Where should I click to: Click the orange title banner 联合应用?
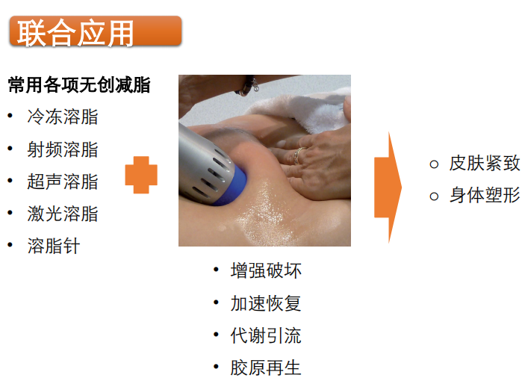click(x=96, y=31)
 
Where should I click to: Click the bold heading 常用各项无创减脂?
click(x=79, y=84)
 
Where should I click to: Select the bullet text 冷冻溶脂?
click(x=63, y=117)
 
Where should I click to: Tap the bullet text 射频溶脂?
click(x=63, y=149)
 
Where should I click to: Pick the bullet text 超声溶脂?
click(x=63, y=182)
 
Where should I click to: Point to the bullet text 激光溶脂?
click(x=63, y=214)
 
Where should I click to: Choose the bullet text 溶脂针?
click(x=54, y=246)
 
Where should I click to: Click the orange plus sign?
click(x=141, y=175)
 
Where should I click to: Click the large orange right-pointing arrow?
click(x=388, y=188)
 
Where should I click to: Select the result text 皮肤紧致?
click(x=485, y=164)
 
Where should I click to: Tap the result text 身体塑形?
click(x=485, y=195)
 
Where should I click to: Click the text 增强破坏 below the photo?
click(x=266, y=270)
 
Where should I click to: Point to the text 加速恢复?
click(x=266, y=303)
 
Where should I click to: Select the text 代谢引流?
click(x=266, y=335)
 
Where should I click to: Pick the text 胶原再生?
click(x=266, y=368)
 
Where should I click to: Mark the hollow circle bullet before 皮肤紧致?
click(x=434, y=164)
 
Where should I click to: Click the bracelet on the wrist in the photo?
click(x=248, y=85)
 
